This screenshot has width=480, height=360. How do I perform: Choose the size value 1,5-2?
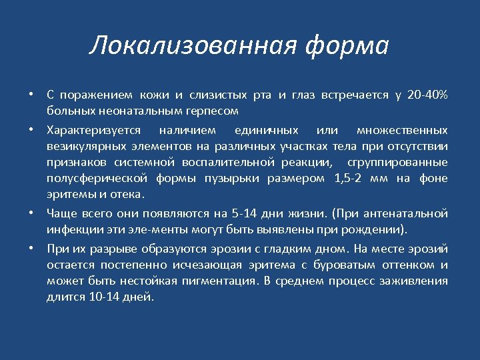point(348,179)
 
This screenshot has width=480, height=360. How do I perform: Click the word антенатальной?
point(412,213)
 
